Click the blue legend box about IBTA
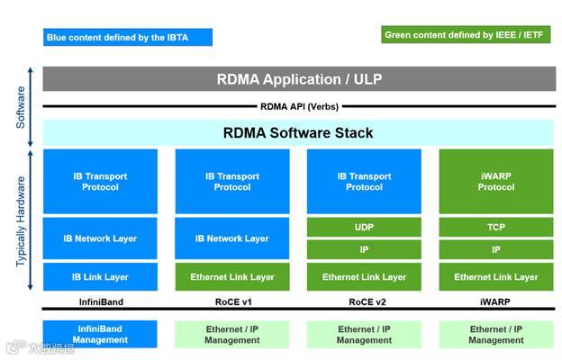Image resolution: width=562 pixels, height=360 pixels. click(128, 37)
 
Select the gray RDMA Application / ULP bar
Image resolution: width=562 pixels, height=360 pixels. click(298, 79)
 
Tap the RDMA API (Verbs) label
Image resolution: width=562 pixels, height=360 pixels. click(298, 106)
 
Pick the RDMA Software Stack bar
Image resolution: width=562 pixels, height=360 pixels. click(298, 133)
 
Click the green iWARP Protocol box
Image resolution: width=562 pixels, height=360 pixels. click(496, 182)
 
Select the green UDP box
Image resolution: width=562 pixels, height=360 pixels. click(364, 229)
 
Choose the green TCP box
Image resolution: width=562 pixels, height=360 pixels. click(496, 229)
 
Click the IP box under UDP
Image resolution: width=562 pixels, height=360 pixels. click(364, 249)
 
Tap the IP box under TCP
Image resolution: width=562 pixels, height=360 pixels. click(496, 249)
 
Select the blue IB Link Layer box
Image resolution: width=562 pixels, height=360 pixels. click(100, 277)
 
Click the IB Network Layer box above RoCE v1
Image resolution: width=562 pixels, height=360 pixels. click(232, 238)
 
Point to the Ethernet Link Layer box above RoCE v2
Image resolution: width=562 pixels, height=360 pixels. click(364, 277)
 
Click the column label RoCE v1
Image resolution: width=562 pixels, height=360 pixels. click(232, 302)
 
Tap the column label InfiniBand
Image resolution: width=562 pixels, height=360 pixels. click(100, 302)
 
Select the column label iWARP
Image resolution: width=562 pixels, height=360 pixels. click(496, 302)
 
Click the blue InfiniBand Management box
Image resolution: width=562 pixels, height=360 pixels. click(100, 335)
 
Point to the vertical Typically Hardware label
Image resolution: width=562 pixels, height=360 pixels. click(21, 220)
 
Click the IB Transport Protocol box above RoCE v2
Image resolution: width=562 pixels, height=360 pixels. click(364, 182)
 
